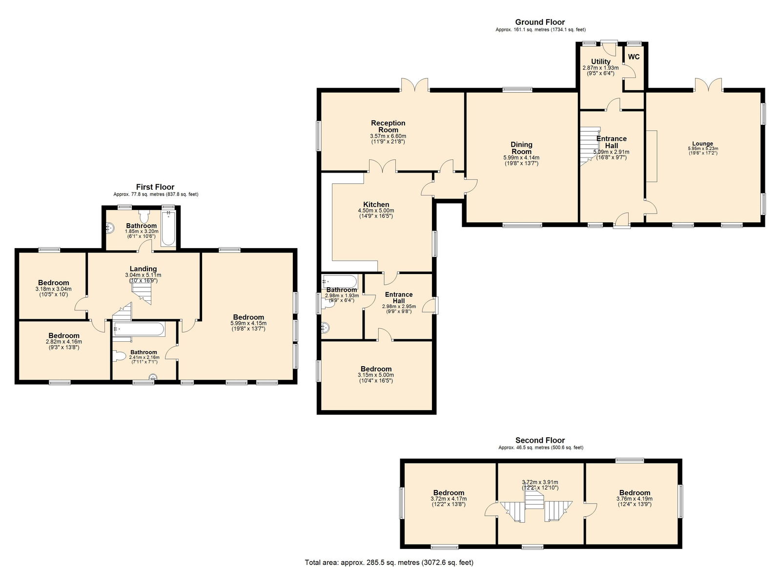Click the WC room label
[634, 57]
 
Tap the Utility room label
[600, 61]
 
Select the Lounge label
[702, 143]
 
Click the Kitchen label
[376, 204]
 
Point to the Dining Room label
[521, 148]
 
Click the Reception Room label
[388, 126]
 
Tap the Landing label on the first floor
[143, 269]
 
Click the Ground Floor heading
[540, 22]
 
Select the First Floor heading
[155, 187]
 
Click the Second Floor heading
[540, 440]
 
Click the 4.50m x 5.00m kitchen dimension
[376, 211]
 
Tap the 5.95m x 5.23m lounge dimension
[703, 149]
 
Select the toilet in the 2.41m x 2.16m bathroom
[119, 356]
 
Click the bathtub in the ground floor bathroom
[340, 281]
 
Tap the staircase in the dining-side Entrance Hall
[590, 146]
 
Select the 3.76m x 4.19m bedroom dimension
[635, 499]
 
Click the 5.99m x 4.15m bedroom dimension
[248, 323]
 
